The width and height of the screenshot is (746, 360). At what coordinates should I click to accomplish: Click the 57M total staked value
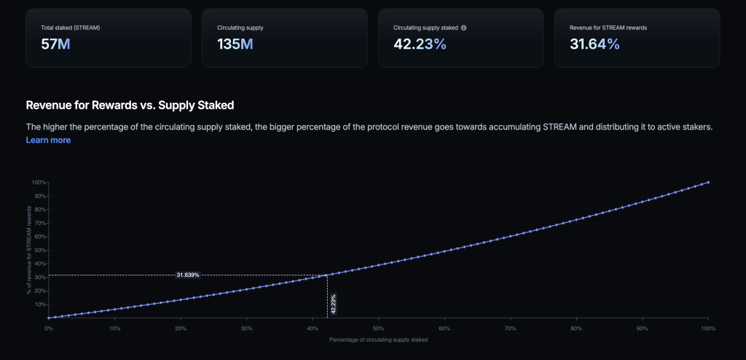[x=55, y=44]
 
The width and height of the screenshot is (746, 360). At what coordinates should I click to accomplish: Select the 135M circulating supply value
[x=235, y=44]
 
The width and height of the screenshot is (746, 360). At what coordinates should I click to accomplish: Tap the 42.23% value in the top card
[x=420, y=44]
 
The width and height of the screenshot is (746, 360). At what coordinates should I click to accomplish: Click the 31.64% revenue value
[x=594, y=44]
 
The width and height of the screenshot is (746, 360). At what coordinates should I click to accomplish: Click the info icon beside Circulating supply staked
[x=464, y=28]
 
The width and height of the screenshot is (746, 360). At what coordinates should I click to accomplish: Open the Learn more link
[x=48, y=140]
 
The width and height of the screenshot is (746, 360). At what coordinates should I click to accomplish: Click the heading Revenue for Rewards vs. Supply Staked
[x=130, y=105]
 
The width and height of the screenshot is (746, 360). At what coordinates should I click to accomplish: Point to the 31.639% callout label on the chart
[x=188, y=275]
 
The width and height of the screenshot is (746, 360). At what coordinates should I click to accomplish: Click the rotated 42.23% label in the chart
[x=333, y=304]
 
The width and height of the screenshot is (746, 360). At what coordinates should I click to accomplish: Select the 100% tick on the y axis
[x=39, y=182]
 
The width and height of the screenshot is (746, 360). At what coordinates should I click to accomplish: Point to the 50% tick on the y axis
[x=40, y=250]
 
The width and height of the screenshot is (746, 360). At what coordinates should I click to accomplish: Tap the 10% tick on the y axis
[x=40, y=305]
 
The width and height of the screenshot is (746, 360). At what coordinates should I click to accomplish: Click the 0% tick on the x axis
[x=48, y=329]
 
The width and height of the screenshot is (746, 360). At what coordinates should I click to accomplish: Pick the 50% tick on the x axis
[x=378, y=329]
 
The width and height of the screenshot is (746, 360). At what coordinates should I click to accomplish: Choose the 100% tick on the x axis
[x=707, y=329]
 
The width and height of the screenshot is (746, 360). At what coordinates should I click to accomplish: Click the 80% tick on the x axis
[x=576, y=329]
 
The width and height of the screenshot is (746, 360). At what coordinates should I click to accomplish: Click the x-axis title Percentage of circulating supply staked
[x=378, y=340]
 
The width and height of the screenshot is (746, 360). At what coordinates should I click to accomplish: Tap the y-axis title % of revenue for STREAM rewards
[x=30, y=250]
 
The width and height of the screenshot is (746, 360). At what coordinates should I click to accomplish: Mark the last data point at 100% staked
[x=708, y=182]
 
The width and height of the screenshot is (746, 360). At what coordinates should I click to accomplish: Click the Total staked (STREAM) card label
[x=71, y=28]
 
